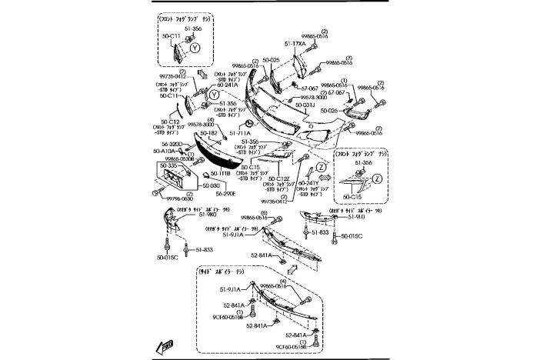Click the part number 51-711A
point(241,132)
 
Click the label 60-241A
point(205,85)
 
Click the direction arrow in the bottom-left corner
point(165,345)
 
